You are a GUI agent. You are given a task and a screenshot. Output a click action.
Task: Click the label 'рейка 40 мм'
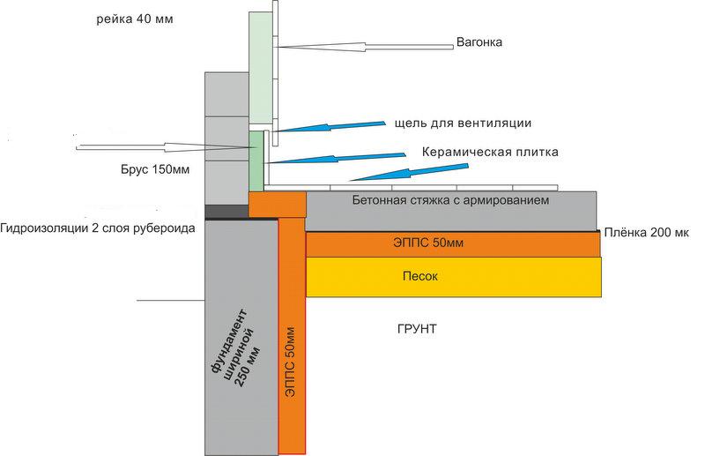pos(135,19)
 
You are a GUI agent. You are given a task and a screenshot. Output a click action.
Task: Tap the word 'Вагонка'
pos(479,42)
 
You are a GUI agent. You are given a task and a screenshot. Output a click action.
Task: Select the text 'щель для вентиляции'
pos(464,123)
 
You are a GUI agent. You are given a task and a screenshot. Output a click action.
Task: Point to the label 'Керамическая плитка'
pos(490,153)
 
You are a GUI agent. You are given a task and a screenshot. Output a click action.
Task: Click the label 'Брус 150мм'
pos(155,169)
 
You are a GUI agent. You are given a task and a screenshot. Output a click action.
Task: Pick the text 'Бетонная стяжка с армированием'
pos(450,200)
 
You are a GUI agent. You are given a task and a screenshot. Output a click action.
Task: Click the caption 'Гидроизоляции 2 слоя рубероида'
pos(98,228)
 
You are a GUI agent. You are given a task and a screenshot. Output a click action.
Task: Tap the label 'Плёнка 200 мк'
pos(646,232)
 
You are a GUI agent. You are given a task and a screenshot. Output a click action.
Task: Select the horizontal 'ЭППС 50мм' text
pos(428,243)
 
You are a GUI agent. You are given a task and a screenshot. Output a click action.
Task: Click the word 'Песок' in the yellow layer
pos(420,276)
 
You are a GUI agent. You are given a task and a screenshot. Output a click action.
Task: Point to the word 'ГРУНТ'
pos(417,329)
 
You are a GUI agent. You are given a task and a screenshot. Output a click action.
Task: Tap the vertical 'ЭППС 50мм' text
pos(291,362)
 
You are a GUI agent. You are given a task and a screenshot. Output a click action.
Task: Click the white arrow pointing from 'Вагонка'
pos(365,47)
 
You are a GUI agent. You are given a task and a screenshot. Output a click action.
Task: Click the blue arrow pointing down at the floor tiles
pos(409,172)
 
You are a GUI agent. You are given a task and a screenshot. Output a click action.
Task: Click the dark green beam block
pos(256,161)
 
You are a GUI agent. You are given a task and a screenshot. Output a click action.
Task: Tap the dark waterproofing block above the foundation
pos(227,211)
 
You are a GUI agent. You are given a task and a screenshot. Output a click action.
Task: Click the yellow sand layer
pos(454,277)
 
